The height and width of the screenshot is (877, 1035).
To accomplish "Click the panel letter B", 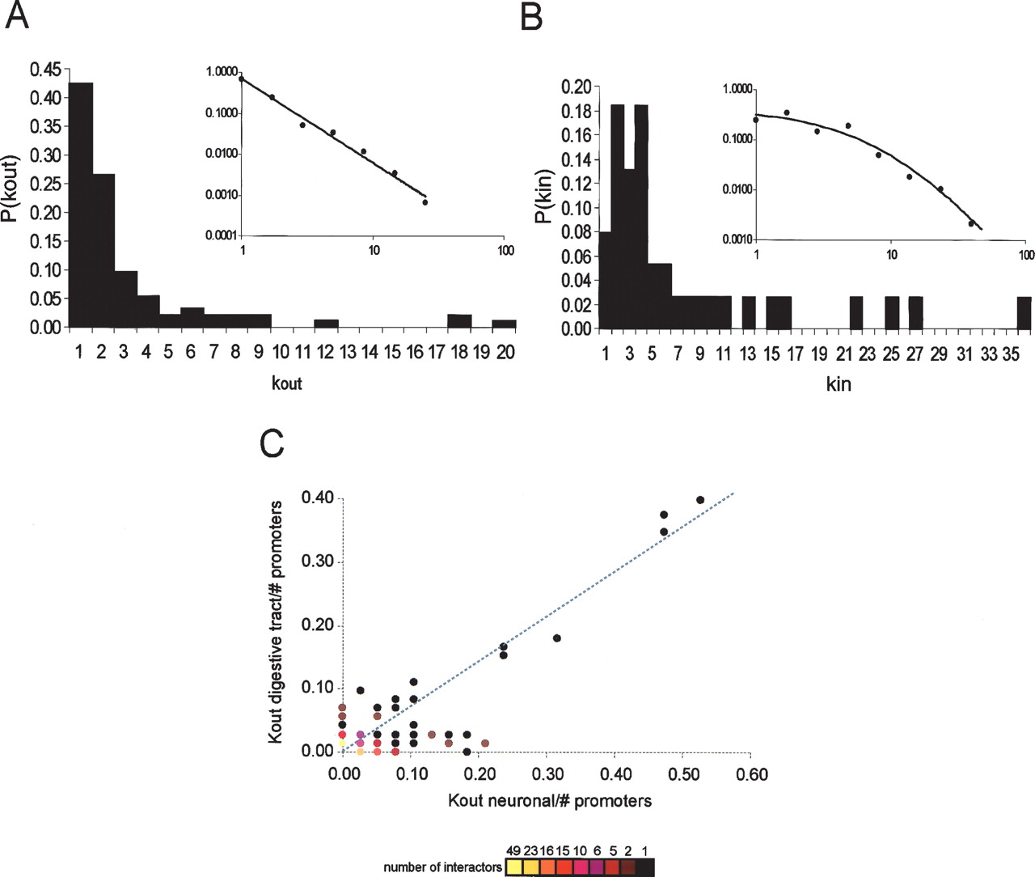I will coord(530,15).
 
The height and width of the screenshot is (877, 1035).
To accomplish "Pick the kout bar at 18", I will coord(459,320).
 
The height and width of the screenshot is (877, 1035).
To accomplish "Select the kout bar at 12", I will coord(326,323).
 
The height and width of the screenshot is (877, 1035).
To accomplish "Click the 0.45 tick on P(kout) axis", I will coord(45,70).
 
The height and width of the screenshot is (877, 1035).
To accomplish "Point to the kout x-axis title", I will coord(286,383).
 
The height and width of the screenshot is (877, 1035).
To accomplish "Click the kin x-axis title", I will coord(839,384).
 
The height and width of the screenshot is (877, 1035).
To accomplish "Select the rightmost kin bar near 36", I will coord(1024,312).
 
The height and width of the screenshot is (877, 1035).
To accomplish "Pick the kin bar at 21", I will coord(855,312).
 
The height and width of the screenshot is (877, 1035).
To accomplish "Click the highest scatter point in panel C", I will coord(700,500).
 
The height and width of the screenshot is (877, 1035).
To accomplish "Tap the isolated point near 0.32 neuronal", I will coord(556,638).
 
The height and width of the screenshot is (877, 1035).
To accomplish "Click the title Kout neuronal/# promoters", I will coord(550,801).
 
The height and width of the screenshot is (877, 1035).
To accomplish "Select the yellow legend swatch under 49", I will coord(513,867).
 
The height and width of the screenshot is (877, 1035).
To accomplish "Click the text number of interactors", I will coord(442,867).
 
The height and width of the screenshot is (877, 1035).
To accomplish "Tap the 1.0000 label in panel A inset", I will coord(222,72).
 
